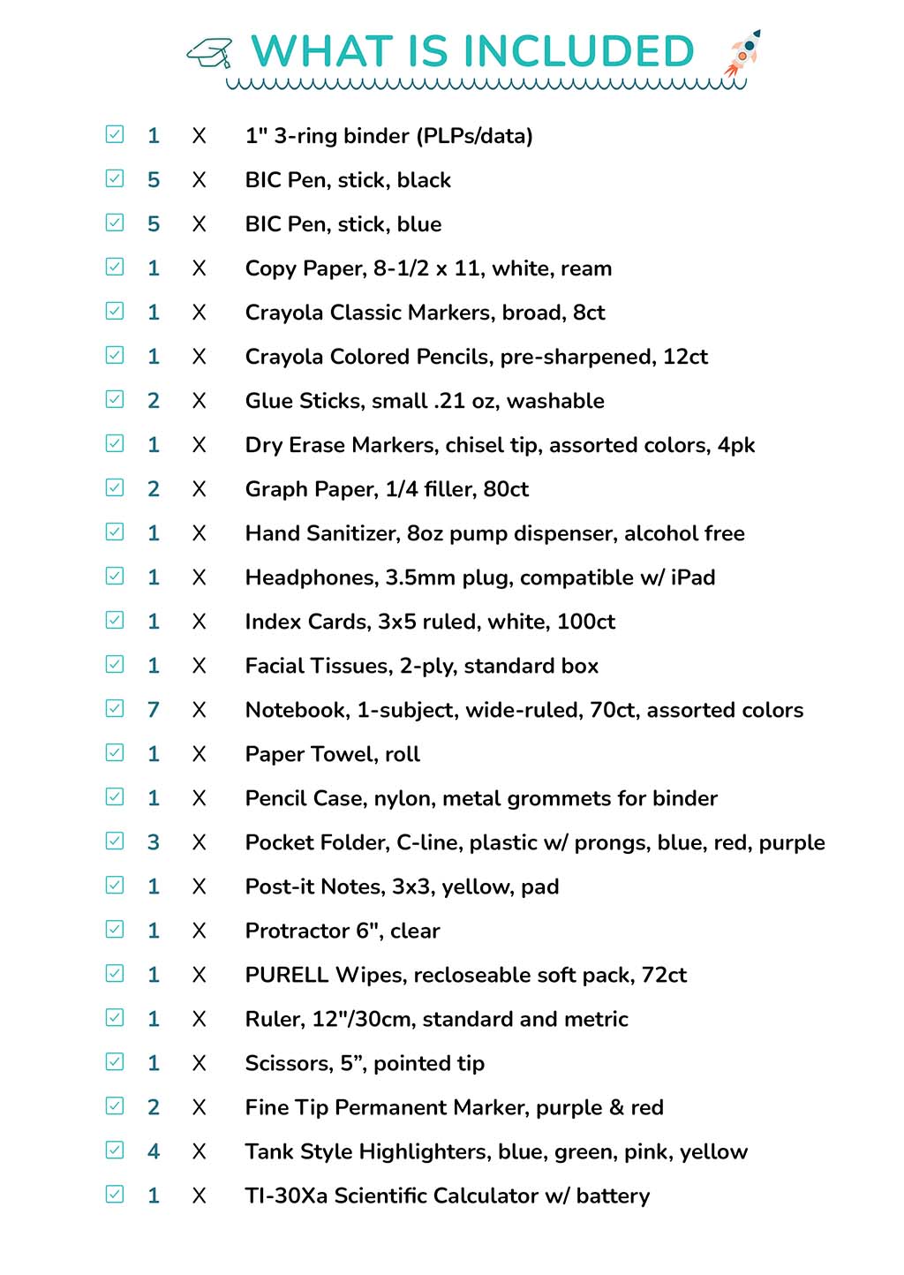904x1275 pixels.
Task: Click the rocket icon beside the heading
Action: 742,53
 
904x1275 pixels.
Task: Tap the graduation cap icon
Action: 210,53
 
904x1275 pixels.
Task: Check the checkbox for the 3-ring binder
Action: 115,134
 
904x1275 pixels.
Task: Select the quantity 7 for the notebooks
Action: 154,710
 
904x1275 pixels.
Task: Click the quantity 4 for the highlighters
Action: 154,1151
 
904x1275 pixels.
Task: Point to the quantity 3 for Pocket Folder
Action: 154,842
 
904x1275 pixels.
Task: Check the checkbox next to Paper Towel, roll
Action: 115,752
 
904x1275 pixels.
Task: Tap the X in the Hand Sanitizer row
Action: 200,533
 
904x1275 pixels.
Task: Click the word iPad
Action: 693,577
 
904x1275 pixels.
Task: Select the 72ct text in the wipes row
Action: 664,975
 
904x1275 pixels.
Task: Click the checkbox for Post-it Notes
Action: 115,885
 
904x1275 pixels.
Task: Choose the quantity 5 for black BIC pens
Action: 154,180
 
